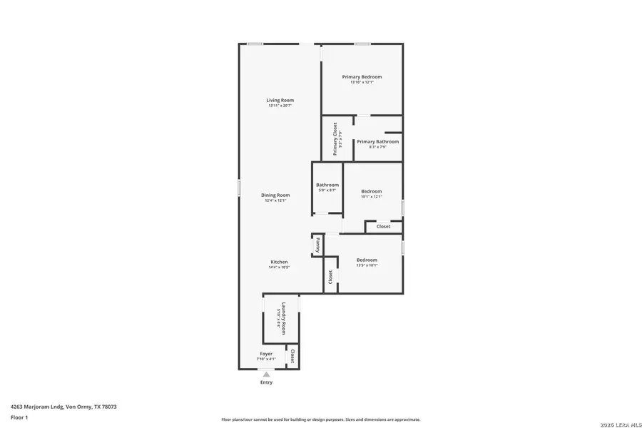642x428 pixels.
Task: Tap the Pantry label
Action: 317,245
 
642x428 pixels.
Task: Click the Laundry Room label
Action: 283,319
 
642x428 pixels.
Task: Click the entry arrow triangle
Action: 266,374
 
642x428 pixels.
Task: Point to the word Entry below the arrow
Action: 266,382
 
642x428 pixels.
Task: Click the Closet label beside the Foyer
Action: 292,356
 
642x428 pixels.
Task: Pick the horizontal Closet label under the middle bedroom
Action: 383,227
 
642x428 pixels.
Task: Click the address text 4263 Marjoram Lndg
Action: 63,407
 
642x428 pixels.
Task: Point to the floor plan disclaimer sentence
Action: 320,419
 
